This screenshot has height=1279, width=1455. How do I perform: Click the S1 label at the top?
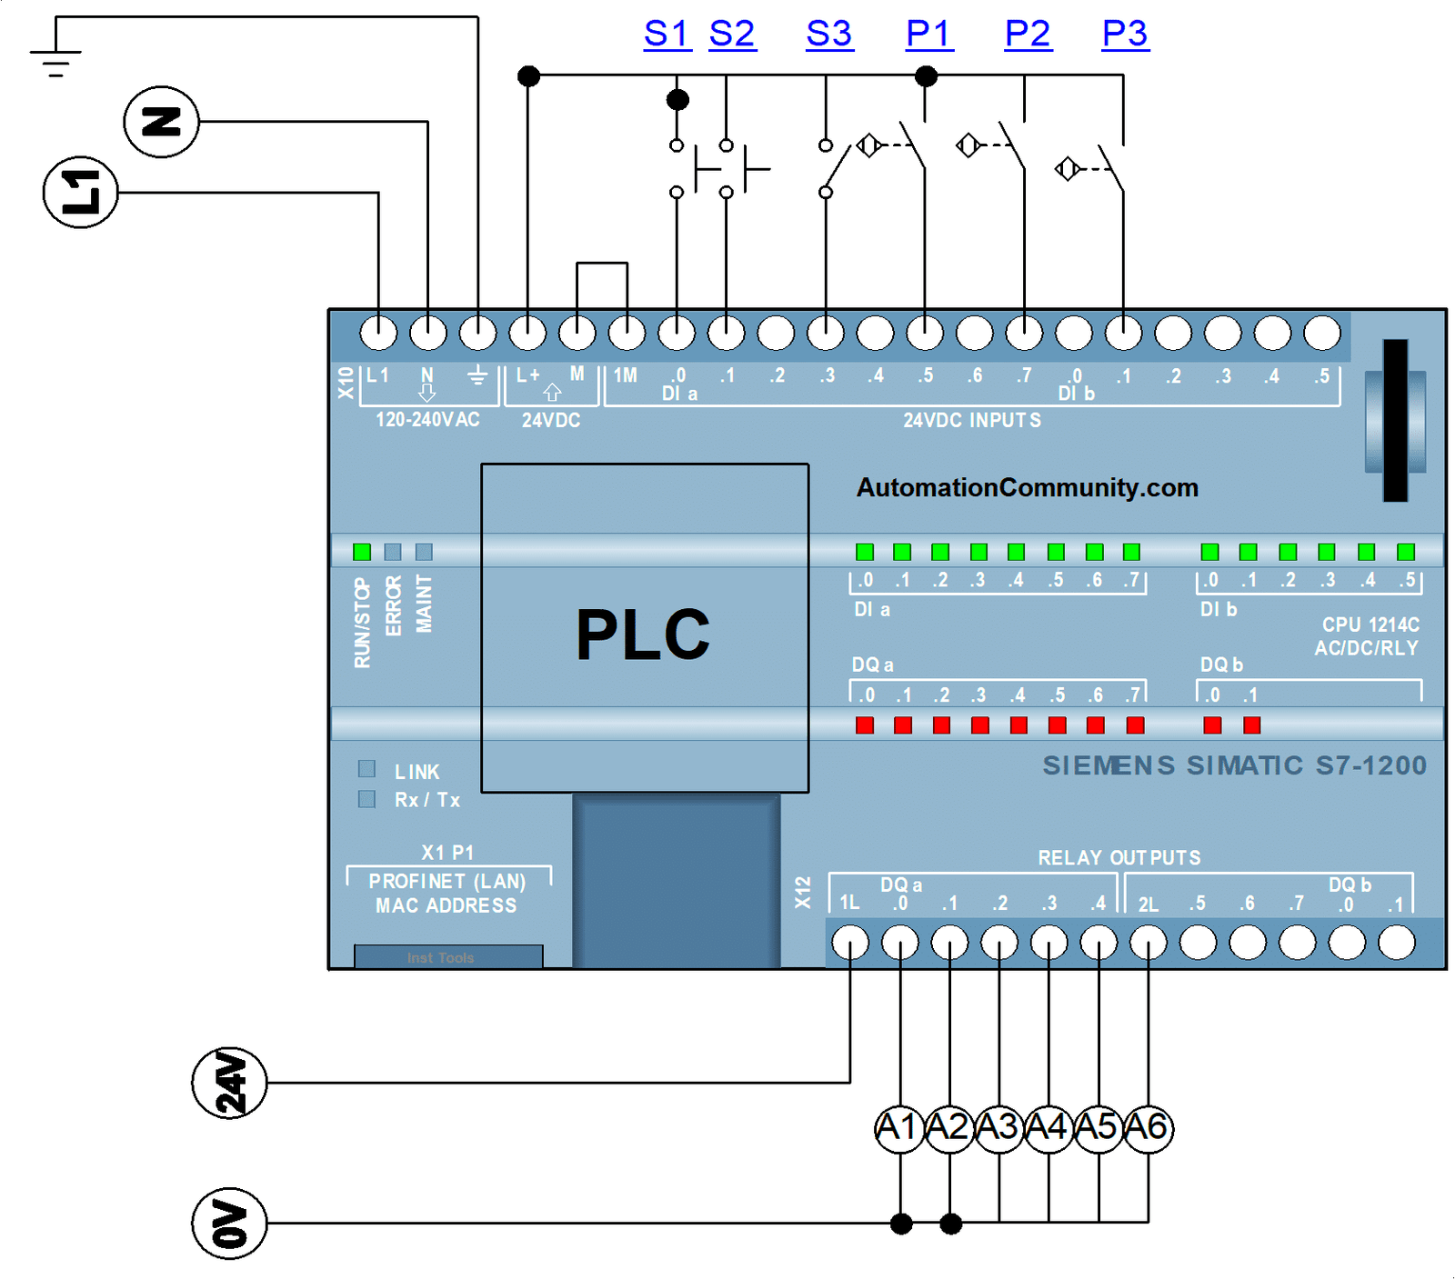pos(667,34)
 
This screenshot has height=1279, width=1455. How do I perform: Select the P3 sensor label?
pos(1125,34)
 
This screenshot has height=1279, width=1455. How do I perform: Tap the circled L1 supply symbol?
pos(81,193)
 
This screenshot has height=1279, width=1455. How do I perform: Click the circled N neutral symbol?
pos(161,122)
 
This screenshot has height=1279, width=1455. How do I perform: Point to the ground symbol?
pos(55,62)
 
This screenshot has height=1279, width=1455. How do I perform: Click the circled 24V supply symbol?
pos(229,1083)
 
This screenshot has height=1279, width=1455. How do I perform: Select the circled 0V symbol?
pos(229,1224)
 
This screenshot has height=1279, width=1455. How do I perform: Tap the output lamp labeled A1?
pos(899,1128)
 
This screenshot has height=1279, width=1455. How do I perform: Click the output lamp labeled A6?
pos(1148,1128)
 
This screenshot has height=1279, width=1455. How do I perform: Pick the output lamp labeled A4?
pos(1049,1128)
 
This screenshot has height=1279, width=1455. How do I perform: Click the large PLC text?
pos(643,635)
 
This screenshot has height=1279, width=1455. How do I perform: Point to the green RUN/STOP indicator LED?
pos(362,552)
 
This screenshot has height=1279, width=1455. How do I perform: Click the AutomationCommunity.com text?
pos(1028,487)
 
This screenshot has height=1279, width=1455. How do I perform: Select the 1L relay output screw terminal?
pos(850,943)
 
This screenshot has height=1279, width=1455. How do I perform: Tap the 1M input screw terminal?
pos(627,333)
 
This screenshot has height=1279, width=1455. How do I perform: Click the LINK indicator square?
pos(366,769)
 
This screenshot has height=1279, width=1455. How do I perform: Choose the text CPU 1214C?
pos(1370,625)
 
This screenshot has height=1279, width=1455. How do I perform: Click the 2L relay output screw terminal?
pos(1148,943)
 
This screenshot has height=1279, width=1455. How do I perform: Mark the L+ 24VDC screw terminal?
pos(527,333)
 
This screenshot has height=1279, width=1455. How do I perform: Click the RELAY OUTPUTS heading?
pos(1119,857)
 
